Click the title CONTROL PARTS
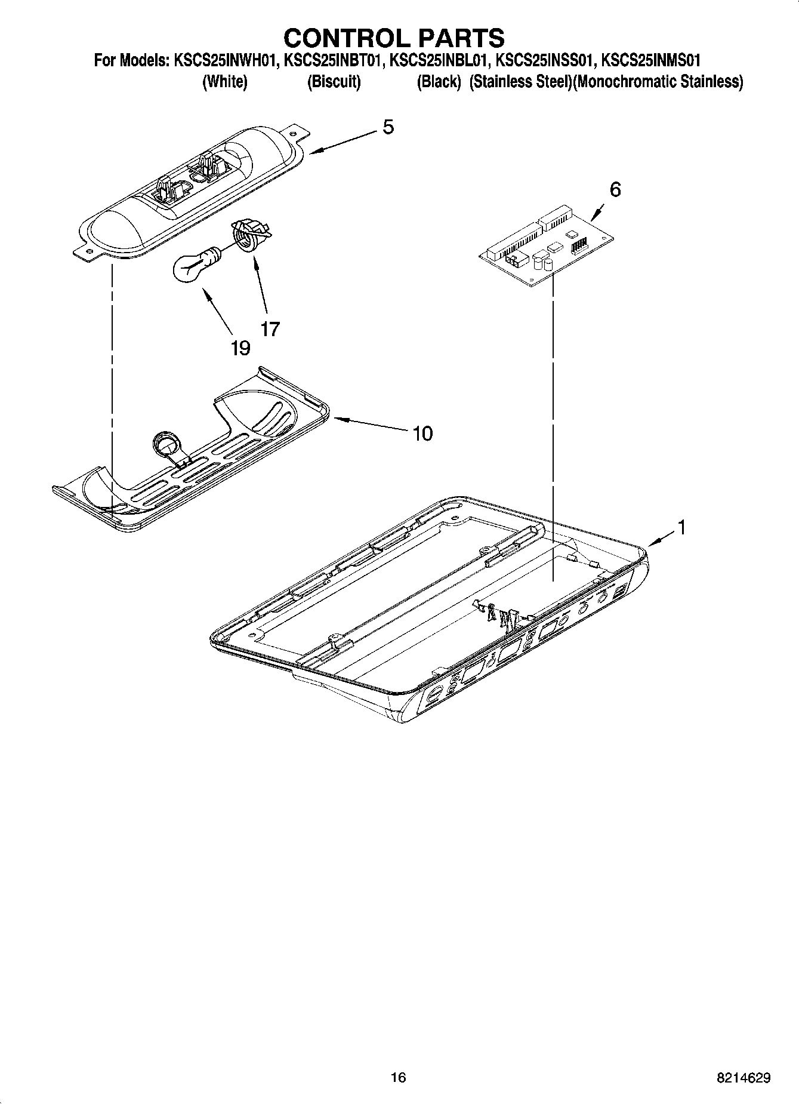394,38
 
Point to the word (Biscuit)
334,82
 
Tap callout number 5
388,127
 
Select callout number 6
615,189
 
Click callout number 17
270,328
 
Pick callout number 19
240,348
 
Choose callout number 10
422,433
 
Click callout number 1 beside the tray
681,527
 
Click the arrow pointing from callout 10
370,425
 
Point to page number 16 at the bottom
398,1077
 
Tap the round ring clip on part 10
166,444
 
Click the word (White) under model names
225,82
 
